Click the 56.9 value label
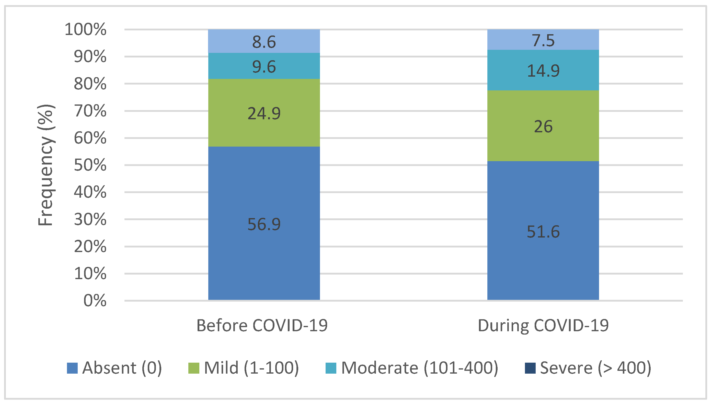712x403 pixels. pos(264,224)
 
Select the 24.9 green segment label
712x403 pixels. pos(264,113)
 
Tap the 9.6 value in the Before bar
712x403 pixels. pos(264,67)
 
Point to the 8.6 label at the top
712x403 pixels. pos(264,42)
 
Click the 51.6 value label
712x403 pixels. pos(543,232)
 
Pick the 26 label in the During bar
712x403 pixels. pos(543,127)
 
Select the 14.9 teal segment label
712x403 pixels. pos(543,70)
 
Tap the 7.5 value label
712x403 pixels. pos(543,41)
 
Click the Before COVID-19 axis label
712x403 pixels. pos(262,326)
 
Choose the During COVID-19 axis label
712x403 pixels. pos(543,326)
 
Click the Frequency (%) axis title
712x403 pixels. pos(46,165)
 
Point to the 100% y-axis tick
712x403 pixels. pos(85,29)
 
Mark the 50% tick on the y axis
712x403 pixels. pos(90,165)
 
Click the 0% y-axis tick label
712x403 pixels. pos(95,301)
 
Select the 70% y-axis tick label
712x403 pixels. pos(90,111)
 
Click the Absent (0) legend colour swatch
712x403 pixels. pos(72,368)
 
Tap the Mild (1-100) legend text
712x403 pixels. pos(251,368)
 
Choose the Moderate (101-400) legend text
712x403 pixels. pos(419,368)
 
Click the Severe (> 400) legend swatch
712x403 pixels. pos(530,368)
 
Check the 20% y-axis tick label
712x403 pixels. pos(90,247)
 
